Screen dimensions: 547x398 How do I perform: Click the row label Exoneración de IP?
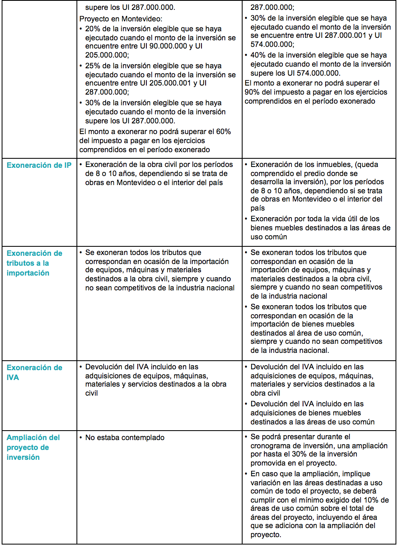coord(39,165)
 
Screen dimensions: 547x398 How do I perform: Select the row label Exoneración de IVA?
coord(35,372)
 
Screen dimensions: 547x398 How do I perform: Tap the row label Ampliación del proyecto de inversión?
coord(33,447)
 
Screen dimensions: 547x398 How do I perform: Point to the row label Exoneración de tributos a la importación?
coord(35,263)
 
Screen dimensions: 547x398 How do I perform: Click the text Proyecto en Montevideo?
coord(121,19)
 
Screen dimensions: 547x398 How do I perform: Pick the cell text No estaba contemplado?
coord(125,438)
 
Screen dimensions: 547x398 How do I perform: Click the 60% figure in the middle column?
coord(223,132)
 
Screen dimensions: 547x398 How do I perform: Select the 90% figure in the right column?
coord(252,92)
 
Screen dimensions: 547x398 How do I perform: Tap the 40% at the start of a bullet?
coord(258,55)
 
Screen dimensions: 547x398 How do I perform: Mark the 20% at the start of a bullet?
coord(93,29)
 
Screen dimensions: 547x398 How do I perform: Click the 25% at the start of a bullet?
coord(93,66)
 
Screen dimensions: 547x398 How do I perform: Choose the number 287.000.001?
coord(345,35)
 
